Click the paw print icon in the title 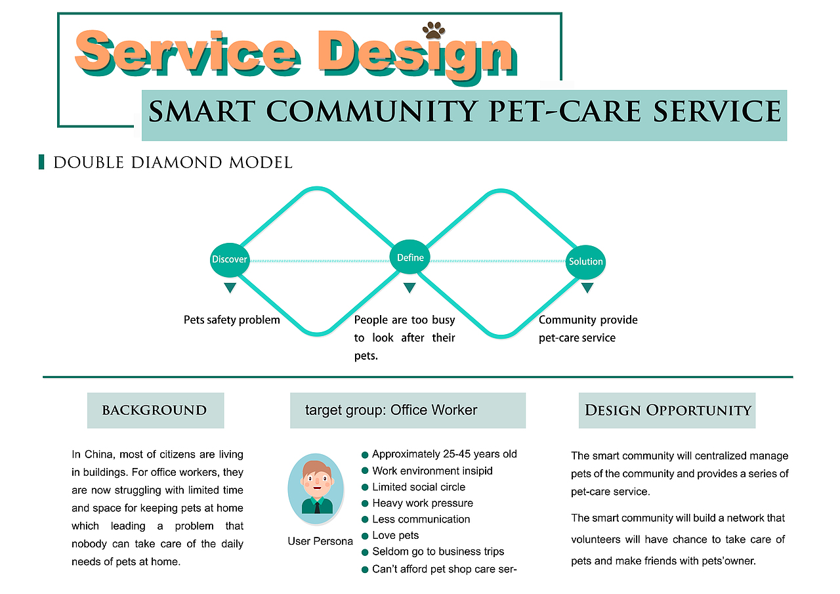click(x=434, y=30)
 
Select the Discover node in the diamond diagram click(x=230, y=259)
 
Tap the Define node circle click(x=410, y=257)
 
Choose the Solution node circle click(x=585, y=261)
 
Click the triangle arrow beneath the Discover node click(x=230, y=287)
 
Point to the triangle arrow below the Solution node click(x=587, y=287)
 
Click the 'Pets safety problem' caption click(x=232, y=320)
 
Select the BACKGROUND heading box click(x=156, y=410)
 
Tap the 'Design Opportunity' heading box click(x=667, y=410)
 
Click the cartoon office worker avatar click(x=316, y=488)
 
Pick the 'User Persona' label click(x=320, y=541)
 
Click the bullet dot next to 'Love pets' click(x=365, y=536)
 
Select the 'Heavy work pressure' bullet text click(x=423, y=503)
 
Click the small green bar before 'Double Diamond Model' click(x=42, y=162)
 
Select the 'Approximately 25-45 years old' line click(x=444, y=454)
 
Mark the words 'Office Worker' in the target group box click(x=434, y=410)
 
